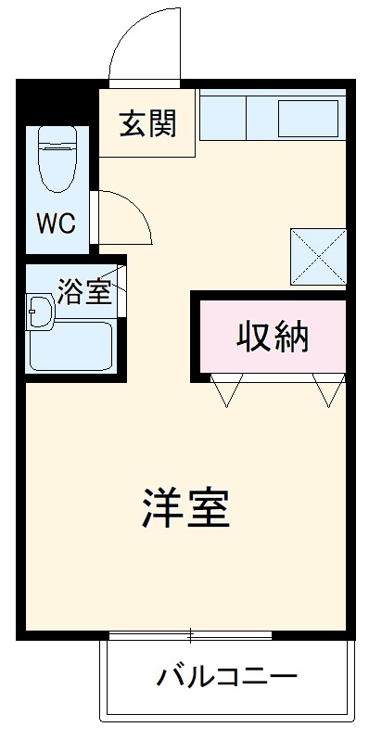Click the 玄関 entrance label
point(147,122)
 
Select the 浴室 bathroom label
point(84,291)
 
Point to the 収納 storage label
point(271,337)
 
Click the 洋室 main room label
point(185,506)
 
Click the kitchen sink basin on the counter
point(309,119)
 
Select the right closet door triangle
point(329,390)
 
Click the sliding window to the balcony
point(190,635)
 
